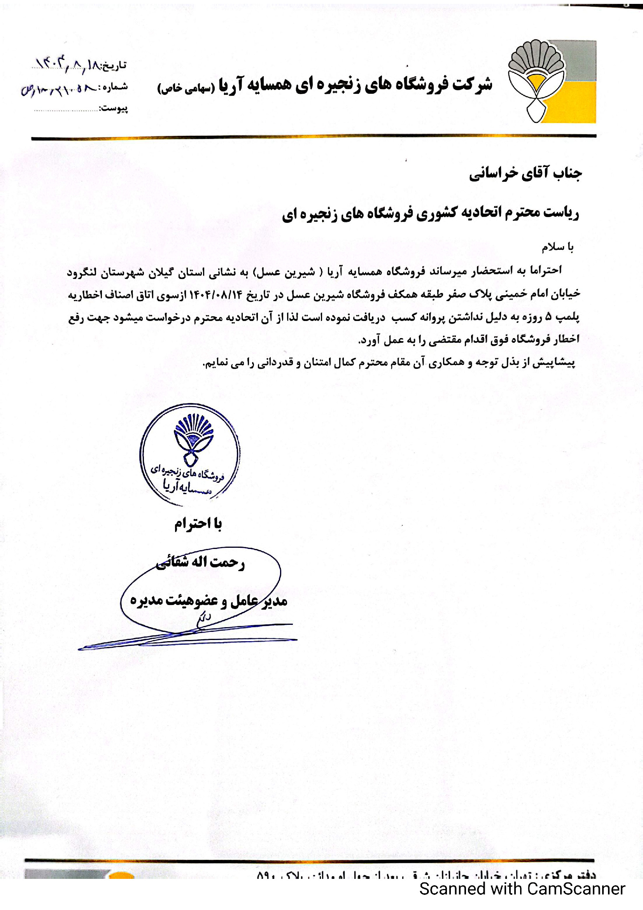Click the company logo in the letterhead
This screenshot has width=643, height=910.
click(x=552, y=81)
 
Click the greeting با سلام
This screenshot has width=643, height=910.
click(x=557, y=247)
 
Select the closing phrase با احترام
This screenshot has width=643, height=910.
click(x=198, y=524)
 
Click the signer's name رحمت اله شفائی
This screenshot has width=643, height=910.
click(x=200, y=563)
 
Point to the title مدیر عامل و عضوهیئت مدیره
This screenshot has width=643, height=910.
click(x=208, y=601)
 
